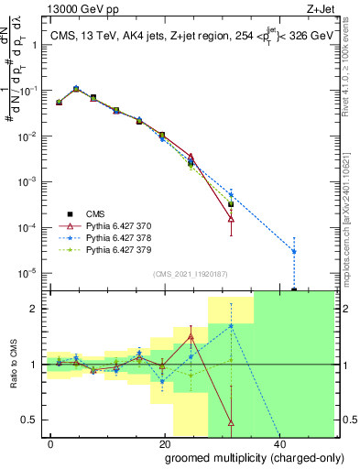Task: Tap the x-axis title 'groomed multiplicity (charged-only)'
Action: [242, 456]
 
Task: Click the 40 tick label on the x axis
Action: [278, 442]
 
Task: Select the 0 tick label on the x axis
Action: [51, 442]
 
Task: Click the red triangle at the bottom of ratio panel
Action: [231, 423]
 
